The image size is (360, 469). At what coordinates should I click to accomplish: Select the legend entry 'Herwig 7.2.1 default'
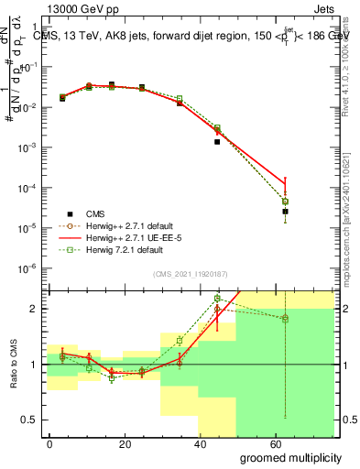pyautogui.click(x=117, y=249)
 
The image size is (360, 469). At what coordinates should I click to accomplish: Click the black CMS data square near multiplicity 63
pyautogui.click(x=285, y=212)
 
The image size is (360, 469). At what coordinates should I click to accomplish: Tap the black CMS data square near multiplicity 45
pyautogui.click(x=217, y=142)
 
